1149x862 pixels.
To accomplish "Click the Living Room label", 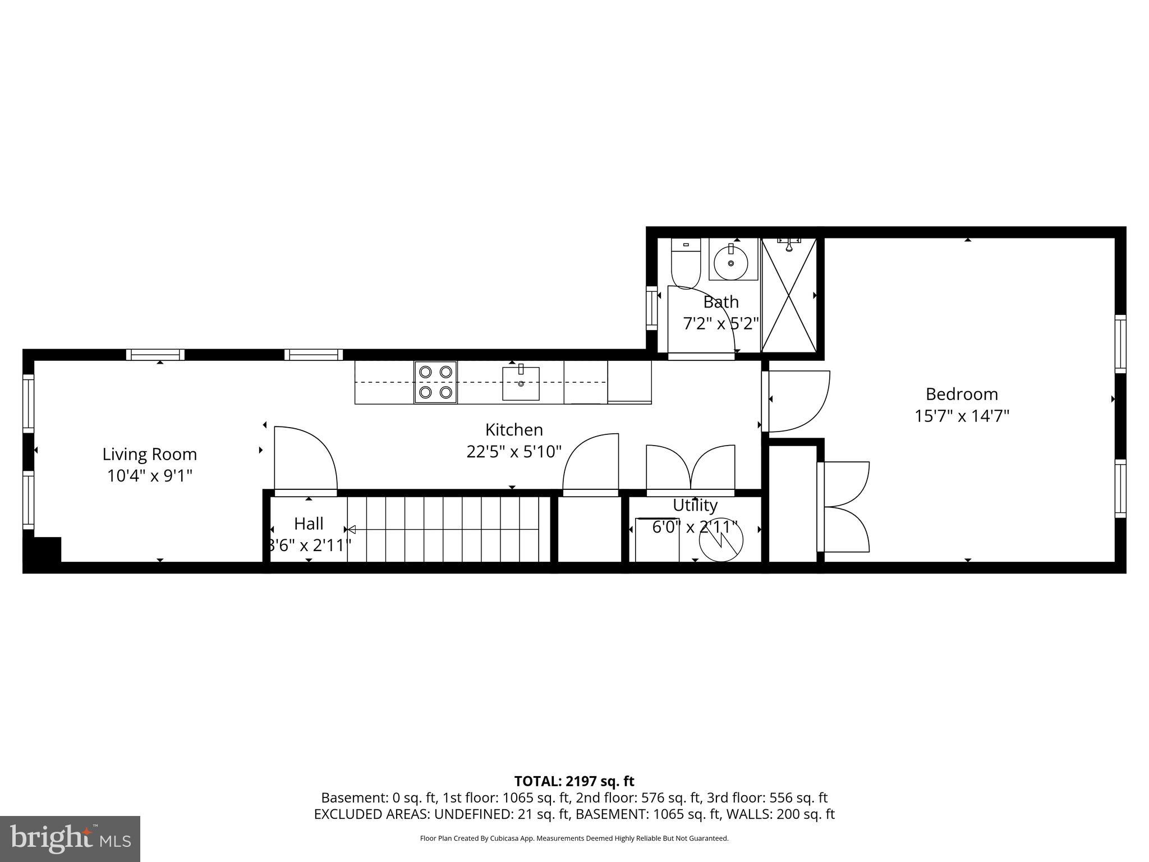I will coord(149,454).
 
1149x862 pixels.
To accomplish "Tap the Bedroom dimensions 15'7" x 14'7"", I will coord(962,416).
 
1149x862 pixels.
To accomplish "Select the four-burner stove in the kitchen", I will coord(436,382).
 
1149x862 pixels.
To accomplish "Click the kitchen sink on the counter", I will coord(521,383).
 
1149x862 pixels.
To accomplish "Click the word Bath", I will coord(721,302).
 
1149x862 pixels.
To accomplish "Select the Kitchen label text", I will coord(514,430).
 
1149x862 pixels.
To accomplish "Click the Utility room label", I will coord(695,505).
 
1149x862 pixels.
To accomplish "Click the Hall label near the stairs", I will coord(309,524).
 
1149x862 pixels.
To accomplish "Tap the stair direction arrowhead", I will coord(351,529).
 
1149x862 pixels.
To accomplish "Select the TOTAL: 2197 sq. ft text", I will coord(574,781).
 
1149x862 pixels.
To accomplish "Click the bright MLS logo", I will coord(70,838).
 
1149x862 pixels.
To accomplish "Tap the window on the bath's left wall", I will coord(651,308).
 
